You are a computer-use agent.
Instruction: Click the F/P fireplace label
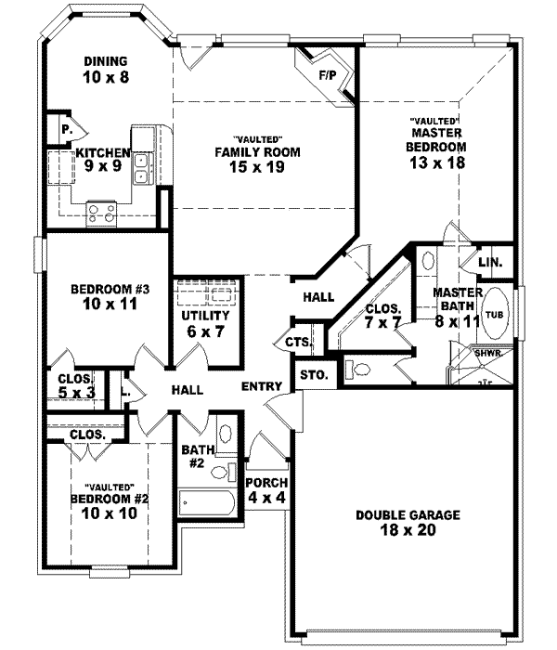coord(327,73)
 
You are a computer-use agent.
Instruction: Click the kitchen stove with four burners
coord(101,214)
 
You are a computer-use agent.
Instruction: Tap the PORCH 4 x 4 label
coord(266,490)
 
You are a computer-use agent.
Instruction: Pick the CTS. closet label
coord(298,343)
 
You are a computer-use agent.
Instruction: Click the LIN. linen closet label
coord(489,264)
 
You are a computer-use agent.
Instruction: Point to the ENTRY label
coord(262,386)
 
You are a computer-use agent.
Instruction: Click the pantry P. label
coord(66,130)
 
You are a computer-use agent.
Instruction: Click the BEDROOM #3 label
coord(104,290)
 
